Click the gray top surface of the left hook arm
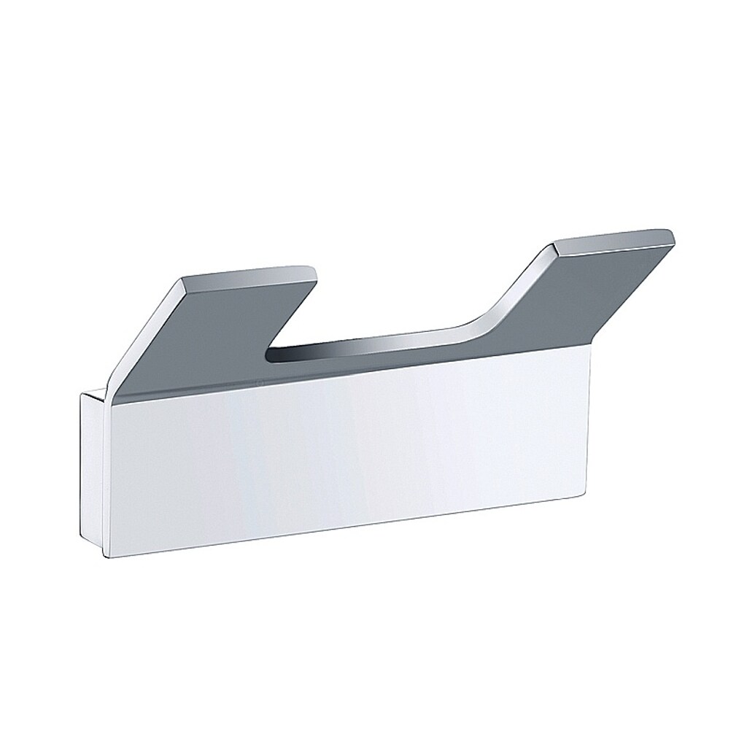tap(219, 328)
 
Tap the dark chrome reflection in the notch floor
tap(379, 349)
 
